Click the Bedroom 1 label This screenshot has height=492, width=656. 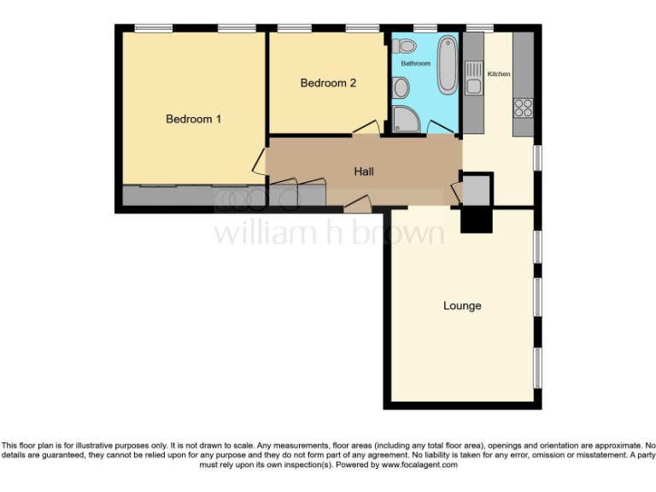click(193, 120)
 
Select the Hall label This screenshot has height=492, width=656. click(364, 172)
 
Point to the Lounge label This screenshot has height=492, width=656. click(462, 306)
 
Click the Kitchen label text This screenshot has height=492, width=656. click(498, 74)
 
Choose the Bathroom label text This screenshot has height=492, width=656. click(416, 64)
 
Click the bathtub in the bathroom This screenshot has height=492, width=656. click(447, 65)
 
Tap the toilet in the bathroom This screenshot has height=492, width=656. click(407, 45)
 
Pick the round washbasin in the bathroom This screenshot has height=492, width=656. click(401, 86)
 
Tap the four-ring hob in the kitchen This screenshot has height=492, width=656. click(523, 108)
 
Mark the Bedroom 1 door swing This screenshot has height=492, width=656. click(258, 161)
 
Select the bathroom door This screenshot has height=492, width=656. click(441, 126)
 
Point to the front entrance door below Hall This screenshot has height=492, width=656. click(358, 203)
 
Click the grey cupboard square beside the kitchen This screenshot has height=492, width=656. click(476, 189)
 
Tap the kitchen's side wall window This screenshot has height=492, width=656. click(537, 157)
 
